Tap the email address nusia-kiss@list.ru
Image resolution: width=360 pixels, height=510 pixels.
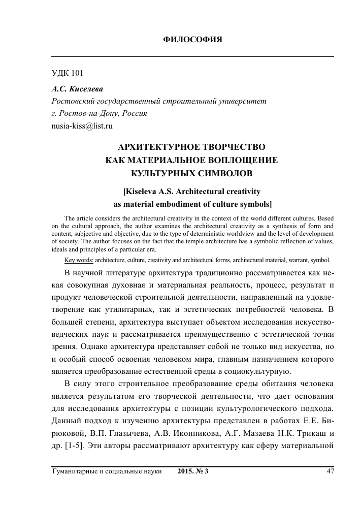[x=82, y=125]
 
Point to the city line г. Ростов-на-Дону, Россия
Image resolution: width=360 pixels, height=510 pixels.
[x=100, y=113]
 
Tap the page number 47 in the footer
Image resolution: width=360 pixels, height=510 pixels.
[x=330, y=471]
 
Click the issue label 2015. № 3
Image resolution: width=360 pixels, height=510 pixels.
[x=193, y=471]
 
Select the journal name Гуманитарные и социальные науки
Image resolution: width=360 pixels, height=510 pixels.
[x=107, y=471]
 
